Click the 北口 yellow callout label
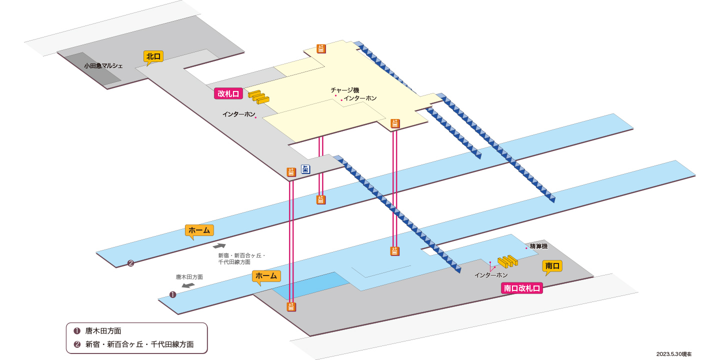click(x=153, y=56)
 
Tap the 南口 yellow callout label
click(x=552, y=266)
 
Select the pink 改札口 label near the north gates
click(x=228, y=94)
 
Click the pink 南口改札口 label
click(x=521, y=288)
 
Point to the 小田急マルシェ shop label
click(x=103, y=66)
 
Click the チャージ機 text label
click(x=344, y=90)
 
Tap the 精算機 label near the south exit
click(x=538, y=246)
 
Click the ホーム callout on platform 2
click(x=199, y=230)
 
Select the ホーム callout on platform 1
click(x=266, y=276)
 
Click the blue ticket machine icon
click(x=305, y=169)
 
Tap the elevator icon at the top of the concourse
click(x=321, y=49)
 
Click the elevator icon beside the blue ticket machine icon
click(x=291, y=172)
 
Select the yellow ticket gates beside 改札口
click(x=259, y=97)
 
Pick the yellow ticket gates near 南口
click(x=508, y=261)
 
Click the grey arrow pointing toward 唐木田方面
click(x=188, y=285)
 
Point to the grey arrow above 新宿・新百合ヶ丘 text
click(x=219, y=246)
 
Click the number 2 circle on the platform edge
click(x=130, y=263)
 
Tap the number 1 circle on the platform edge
click(x=172, y=295)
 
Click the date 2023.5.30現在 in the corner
click(x=673, y=354)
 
